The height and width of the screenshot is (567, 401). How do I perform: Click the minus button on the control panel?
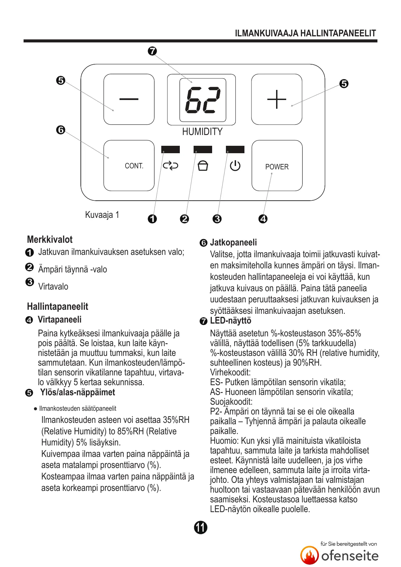(x=129, y=99)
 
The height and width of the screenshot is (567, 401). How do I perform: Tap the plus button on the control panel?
(x=276, y=99)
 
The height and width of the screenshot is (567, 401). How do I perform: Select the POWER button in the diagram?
(x=277, y=166)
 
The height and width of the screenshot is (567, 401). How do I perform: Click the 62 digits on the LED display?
(x=203, y=100)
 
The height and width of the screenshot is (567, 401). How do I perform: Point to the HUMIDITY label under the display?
(x=202, y=132)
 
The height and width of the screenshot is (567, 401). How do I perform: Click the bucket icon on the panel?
(x=203, y=166)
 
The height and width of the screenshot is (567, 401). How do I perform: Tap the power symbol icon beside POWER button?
(x=235, y=166)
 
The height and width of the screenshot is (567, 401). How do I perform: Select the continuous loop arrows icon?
(x=170, y=166)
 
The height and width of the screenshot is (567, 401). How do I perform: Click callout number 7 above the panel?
(x=152, y=51)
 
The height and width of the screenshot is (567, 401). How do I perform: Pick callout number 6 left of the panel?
(x=61, y=130)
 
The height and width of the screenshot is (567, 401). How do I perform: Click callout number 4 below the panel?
(x=263, y=219)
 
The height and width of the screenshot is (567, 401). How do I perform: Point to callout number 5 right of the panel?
(x=344, y=84)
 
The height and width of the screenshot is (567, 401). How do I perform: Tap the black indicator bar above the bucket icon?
(x=203, y=149)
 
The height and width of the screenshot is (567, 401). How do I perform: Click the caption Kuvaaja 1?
(x=102, y=215)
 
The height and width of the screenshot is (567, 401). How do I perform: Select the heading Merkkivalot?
(x=50, y=239)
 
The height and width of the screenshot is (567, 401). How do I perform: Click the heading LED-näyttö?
(x=231, y=321)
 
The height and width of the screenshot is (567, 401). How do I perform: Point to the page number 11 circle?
(x=201, y=527)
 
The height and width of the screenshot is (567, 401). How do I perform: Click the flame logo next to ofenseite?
(x=309, y=555)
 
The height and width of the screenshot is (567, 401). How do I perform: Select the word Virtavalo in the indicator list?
(x=53, y=287)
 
